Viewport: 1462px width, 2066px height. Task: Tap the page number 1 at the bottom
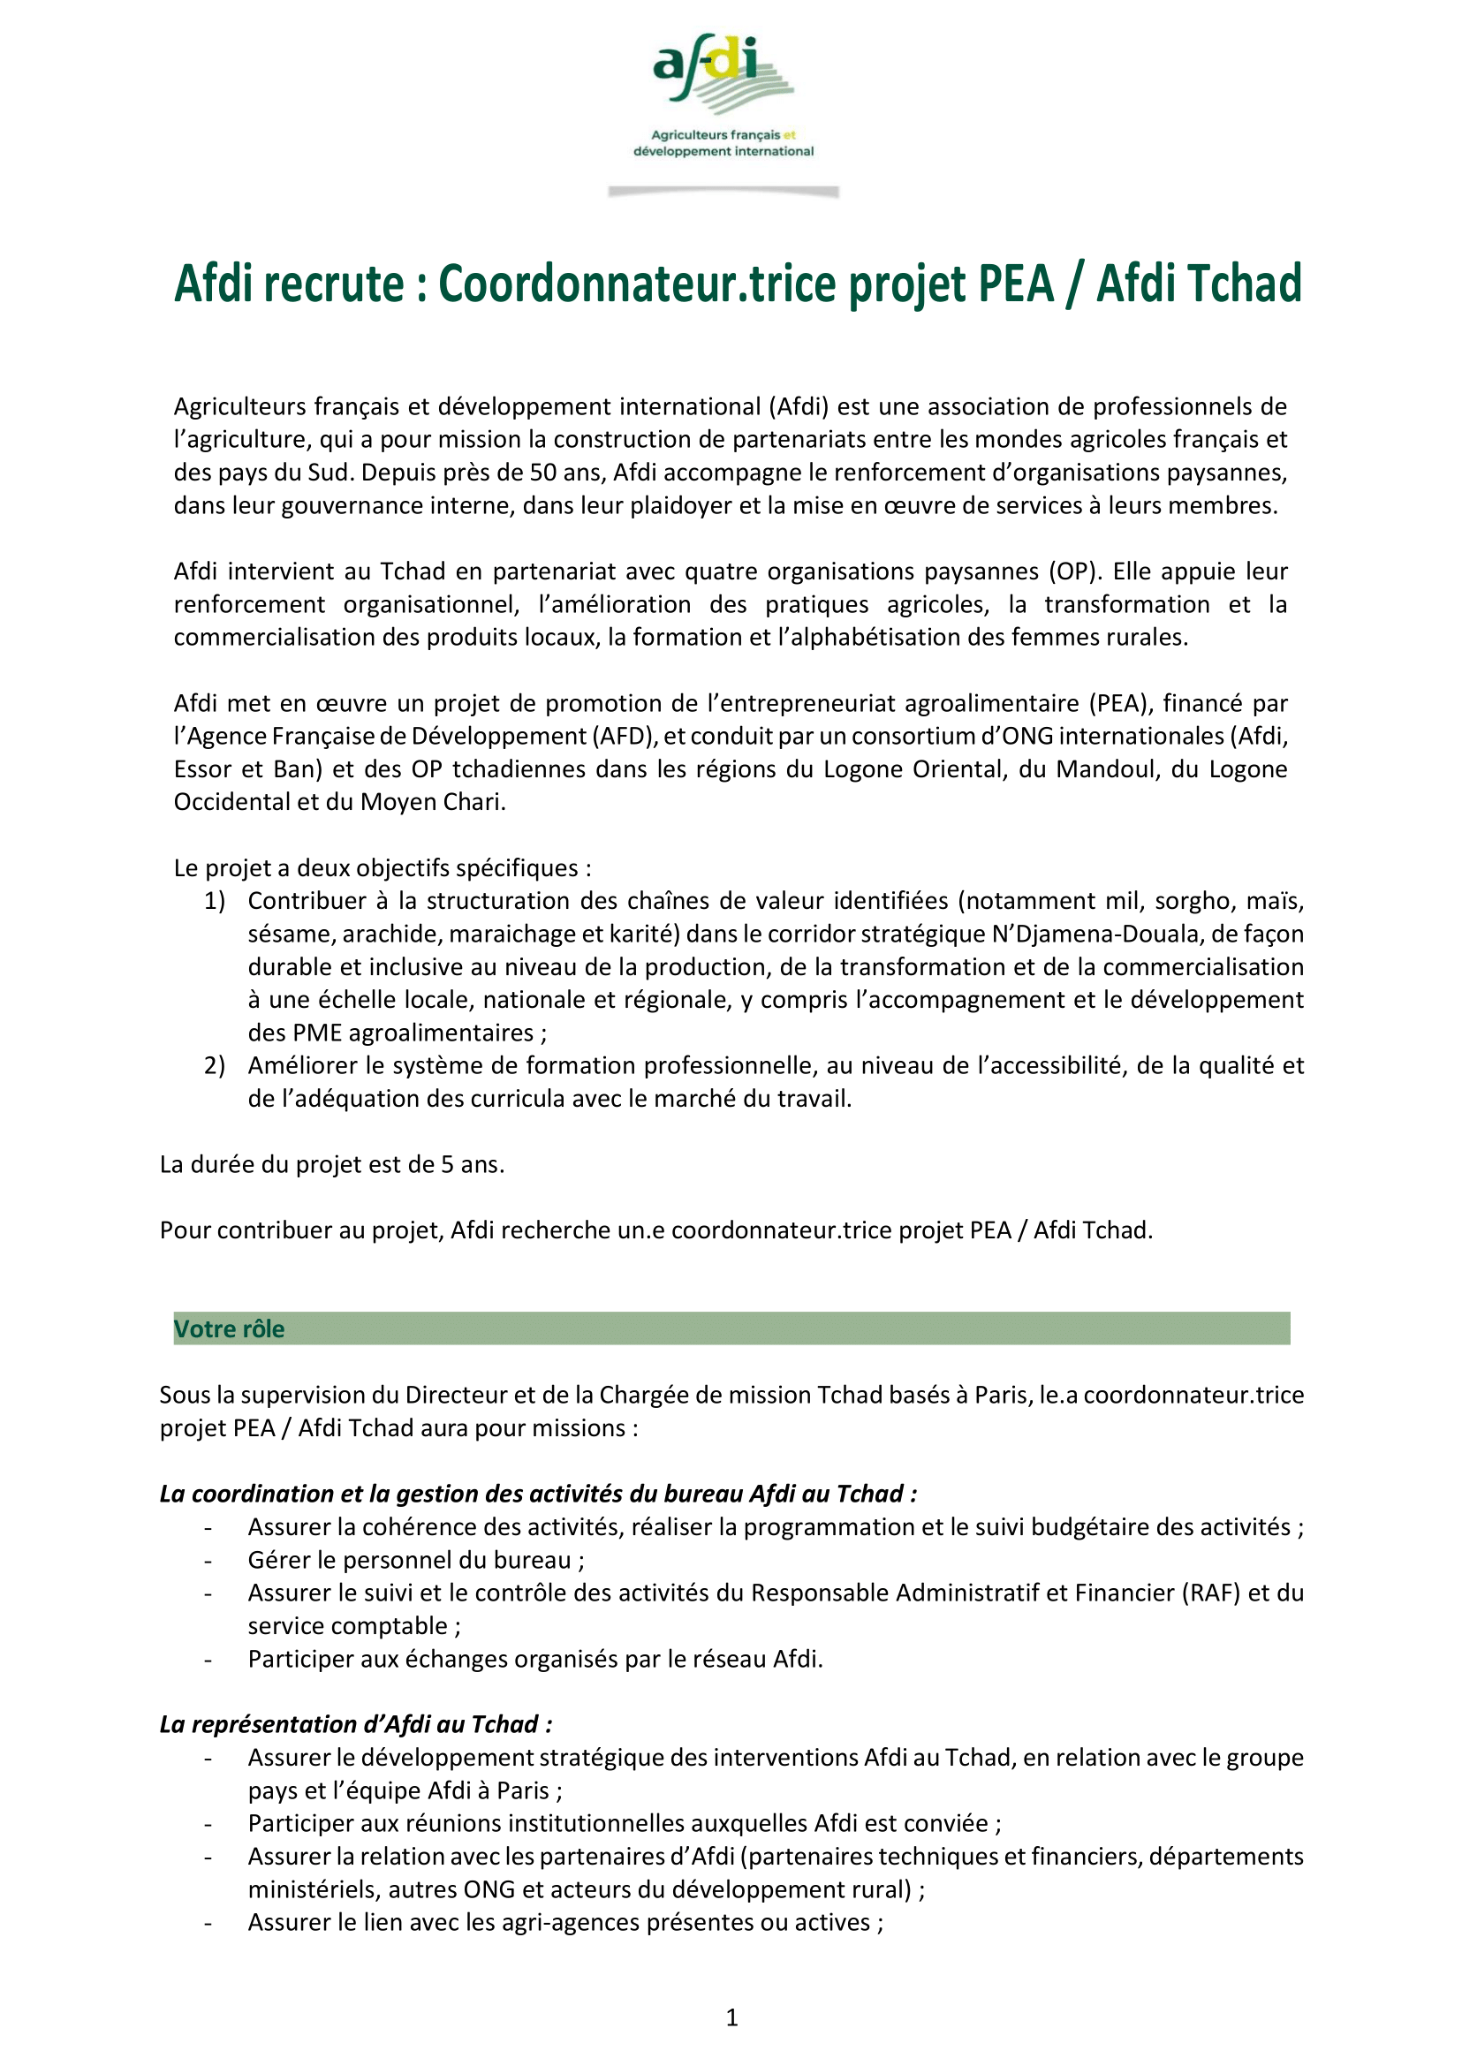(x=732, y=2017)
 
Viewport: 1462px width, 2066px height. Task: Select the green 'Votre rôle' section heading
(x=229, y=1328)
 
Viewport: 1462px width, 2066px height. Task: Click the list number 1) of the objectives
(x=215, y=901)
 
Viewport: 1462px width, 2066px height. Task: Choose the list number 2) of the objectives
(x=215, y=1066)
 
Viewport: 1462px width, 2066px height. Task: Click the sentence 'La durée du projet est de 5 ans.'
(x=332, y=1165)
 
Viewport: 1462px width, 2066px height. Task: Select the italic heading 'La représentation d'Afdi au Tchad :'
(x=356, y=1724)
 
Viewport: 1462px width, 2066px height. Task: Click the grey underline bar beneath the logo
(x=723, y=192)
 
